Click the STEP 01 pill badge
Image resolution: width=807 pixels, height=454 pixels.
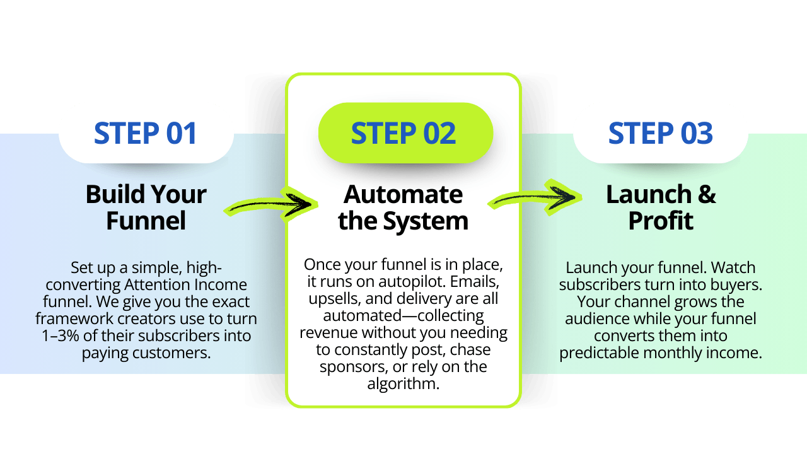click(146, 134)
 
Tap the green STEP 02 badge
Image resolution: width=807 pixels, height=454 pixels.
click(403, 134)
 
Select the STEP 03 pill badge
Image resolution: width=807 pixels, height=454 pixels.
click(660, 134)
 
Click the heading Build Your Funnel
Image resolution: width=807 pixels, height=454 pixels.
click(146, 207)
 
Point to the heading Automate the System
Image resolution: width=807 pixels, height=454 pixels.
click(403, 207)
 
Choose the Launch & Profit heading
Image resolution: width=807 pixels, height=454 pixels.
click(661, 207)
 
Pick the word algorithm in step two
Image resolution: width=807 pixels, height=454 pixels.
click(403, 383)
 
